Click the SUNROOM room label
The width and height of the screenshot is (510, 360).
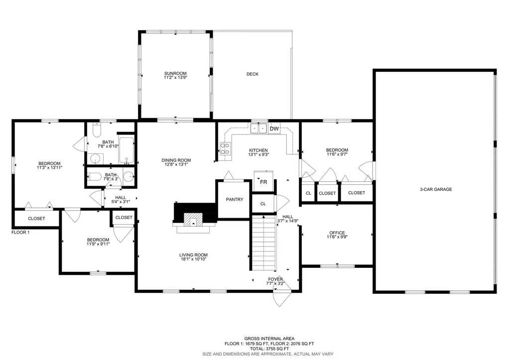175,73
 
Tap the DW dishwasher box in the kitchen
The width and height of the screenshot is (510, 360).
274,129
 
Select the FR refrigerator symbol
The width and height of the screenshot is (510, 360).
263,182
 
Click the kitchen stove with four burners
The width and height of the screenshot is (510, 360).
225,148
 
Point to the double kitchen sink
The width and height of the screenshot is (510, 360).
259,128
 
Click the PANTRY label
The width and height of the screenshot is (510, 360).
235,200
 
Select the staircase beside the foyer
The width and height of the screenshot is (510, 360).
263,241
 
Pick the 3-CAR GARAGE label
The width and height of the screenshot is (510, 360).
435,189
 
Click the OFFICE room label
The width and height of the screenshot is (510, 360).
337,233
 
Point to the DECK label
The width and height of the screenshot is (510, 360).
253,74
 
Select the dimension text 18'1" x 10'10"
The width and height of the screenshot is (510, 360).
193,259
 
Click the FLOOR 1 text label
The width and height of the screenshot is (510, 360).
21,232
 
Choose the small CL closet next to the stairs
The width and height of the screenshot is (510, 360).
263,204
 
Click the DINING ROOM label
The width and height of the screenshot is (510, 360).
176,160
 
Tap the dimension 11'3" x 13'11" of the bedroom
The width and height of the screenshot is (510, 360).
49,168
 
